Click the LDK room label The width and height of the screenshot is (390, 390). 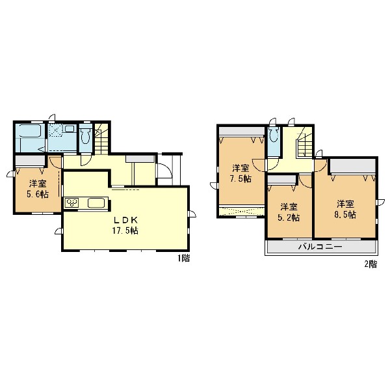[x=125, y=220]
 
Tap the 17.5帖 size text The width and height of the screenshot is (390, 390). [x=125, y=230]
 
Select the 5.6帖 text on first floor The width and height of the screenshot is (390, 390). [x=38, y=194]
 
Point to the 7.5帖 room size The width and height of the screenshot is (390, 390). [x=240, y=178]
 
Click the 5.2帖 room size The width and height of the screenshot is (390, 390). [x=289, y=217]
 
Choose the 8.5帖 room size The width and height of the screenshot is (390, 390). [x=345, y=215]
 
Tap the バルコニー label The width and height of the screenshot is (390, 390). [x=320, y=247]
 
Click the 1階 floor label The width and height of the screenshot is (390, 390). [x=184, y=258]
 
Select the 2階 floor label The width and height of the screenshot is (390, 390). [x=370, y=264]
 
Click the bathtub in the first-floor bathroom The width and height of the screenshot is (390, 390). [x=30, y=131]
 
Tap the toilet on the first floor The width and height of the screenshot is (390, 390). [x=85, y=136]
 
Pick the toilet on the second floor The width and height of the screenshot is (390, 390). [x=274, y=135]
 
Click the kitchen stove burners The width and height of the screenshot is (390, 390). [x=72, y=202]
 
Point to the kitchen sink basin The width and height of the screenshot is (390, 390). [x=96, y=202]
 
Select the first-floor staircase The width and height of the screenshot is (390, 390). [x=101, y=139]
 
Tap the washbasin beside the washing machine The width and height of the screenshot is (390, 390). [x=70, y=129]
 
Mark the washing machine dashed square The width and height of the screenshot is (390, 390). [x=56, y=130]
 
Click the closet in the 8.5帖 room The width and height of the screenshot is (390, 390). [x=353, y=166]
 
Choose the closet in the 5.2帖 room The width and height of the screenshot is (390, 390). [x=282, y=180]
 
